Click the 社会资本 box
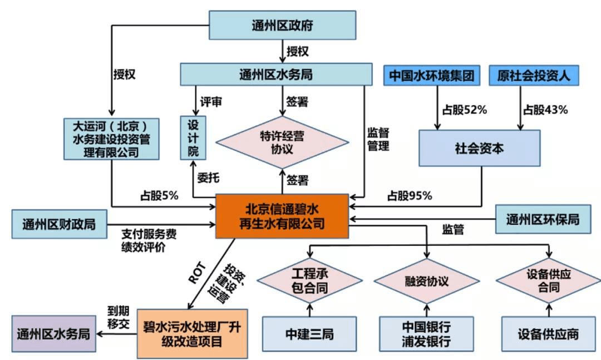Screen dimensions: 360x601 click(479, 149)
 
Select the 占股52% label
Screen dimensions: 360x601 click(462, 110)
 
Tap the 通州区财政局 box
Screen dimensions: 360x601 click(59, 224)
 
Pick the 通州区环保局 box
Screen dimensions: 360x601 click(543, 219)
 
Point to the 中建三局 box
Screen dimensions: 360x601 click(309, 334)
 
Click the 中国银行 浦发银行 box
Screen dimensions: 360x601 click(426, 334)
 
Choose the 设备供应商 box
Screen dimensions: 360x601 click(548, 334)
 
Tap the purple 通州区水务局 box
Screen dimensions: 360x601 click(53, 334)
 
